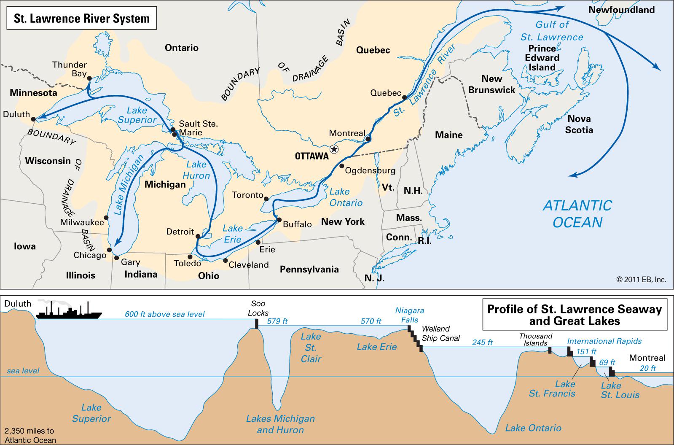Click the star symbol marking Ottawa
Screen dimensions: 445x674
coord(334,148)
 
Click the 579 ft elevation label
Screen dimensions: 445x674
coord(278,321)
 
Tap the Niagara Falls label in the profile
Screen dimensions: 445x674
coord(409,315)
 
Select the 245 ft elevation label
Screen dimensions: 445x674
coord(482,343)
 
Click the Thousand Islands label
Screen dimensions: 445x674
coord(535,339)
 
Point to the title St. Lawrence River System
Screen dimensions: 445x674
coord(82,19)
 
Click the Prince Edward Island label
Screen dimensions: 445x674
coord(542,58)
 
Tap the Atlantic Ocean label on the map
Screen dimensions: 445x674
coord(577,213)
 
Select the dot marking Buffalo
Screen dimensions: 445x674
coord(279,220)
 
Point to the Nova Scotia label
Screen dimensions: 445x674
coord(579,124)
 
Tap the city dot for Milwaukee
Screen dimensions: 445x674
coord(106,218)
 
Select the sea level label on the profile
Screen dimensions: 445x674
coord(23,371)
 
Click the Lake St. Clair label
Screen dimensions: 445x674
coord(311,348)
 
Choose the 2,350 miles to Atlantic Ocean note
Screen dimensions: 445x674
coord(30,435)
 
